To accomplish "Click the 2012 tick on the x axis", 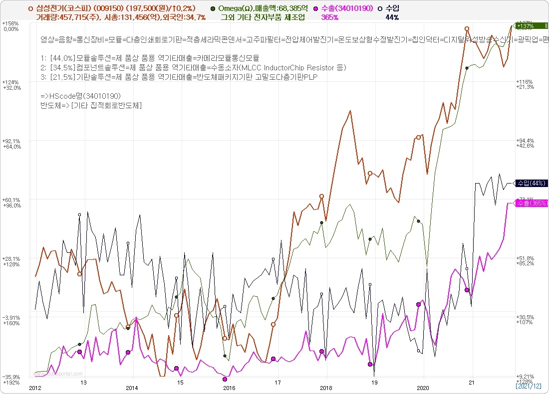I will (x=35, y=388).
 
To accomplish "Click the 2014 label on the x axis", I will (x=132, y=388).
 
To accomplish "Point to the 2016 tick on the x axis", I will (x=229, y=388).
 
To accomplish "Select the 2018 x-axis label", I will (x=326, y=388).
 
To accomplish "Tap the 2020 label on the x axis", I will (x=423, y=388).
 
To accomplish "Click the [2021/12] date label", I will (x=528, y=386).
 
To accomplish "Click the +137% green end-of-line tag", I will (x=530, y=26).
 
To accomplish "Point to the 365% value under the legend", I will (x=329, y=17).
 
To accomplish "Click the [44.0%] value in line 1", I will (x=62, y=58).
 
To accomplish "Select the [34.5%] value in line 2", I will (x=62, y=67).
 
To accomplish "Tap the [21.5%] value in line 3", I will (x=62, y=77).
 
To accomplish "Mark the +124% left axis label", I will (x=10, y=82).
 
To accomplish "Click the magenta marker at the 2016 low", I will (x=225, y=379).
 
